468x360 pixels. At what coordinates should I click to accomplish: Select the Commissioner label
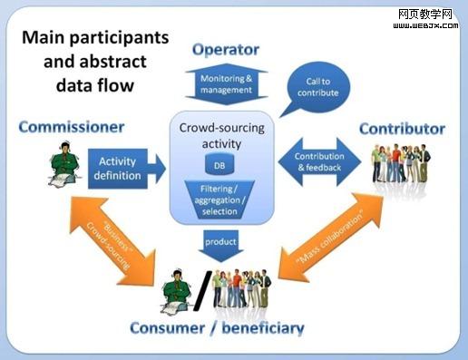(x=71, y=126)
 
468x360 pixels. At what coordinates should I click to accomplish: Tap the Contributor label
(x=402, y=129)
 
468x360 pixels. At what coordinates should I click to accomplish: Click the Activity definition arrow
(x=125, y=168)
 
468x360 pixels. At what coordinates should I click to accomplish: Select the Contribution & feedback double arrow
(x=319, y=162)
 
